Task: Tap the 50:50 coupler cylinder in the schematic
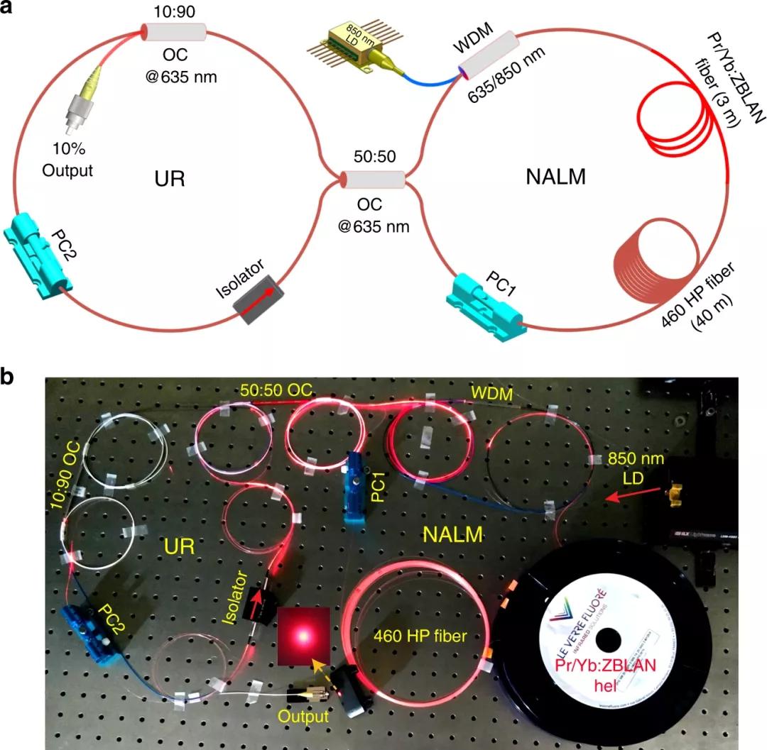(x=374, y=180)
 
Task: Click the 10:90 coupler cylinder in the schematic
(x=173, y=31)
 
